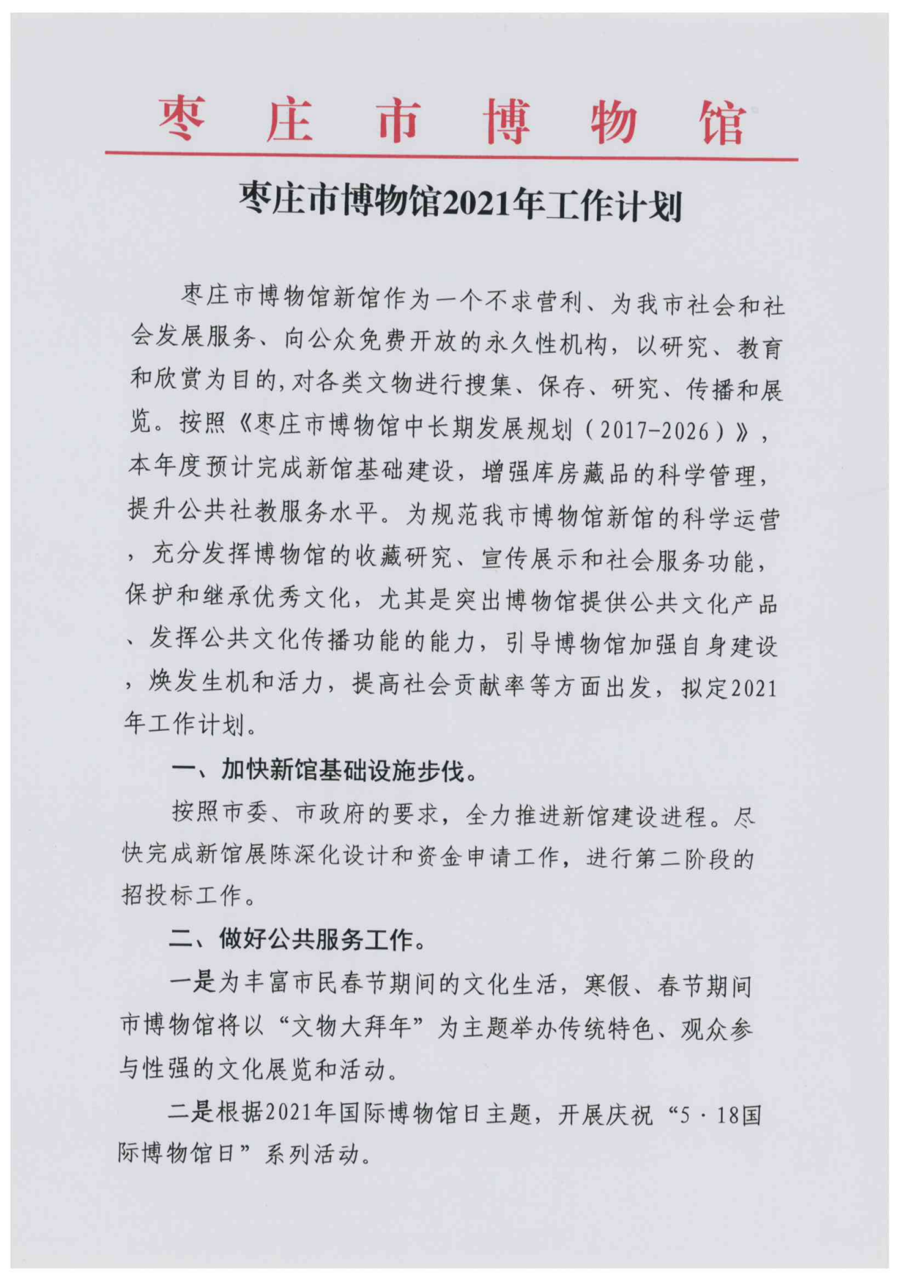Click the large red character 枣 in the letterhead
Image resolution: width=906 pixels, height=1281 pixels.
tap(182, 118)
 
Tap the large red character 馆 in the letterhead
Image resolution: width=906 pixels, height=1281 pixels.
tap(722, 123)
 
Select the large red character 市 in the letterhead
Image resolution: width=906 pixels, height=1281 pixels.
tap(397, 120)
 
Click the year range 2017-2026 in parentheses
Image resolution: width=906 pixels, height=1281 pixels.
tap(654, 430)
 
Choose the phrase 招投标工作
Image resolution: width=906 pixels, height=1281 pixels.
tap(182, 895)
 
